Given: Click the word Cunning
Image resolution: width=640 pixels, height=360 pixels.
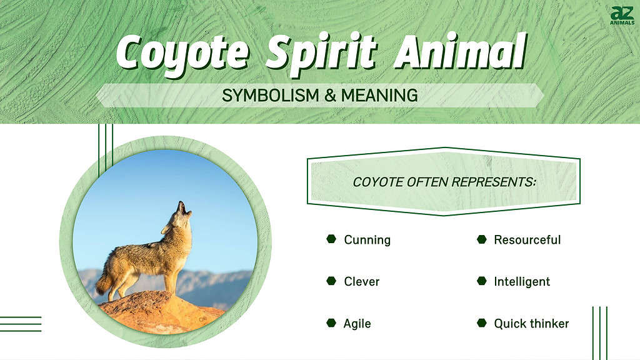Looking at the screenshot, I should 367,240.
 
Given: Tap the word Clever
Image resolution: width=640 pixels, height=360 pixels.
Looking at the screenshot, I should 361,282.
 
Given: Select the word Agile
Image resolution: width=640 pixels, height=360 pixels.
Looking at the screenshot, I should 357,324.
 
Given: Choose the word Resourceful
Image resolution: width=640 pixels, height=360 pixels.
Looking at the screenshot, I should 527,240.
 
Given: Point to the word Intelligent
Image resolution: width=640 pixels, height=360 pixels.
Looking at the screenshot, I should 522,282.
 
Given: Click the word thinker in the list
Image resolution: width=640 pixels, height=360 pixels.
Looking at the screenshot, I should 547,324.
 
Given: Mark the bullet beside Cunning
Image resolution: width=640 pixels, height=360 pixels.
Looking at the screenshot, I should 331,239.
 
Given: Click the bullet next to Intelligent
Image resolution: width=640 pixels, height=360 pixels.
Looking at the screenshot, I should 481,281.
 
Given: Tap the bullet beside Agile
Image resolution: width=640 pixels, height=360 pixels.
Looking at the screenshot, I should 331,323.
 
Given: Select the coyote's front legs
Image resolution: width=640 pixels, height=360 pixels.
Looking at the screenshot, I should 172,281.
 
